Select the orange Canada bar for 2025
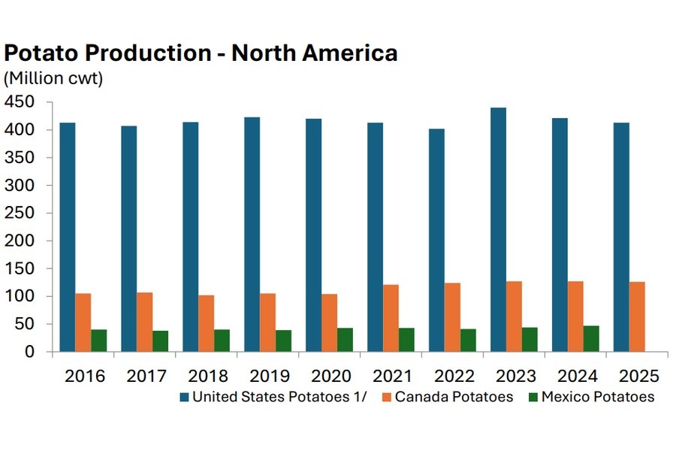coord(637,316)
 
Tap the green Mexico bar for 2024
coord(591,338)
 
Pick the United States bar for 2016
coord(68,237)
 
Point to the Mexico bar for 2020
coord(345,340)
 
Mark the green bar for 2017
coord(160,341)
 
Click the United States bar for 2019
coord(252,234)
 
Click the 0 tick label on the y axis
coord(30,352)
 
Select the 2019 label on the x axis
coord(267,376)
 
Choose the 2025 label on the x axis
coord(637,376)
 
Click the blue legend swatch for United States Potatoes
coord(184,397)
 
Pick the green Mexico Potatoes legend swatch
coord(535,397)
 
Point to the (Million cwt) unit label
coord(53,77)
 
